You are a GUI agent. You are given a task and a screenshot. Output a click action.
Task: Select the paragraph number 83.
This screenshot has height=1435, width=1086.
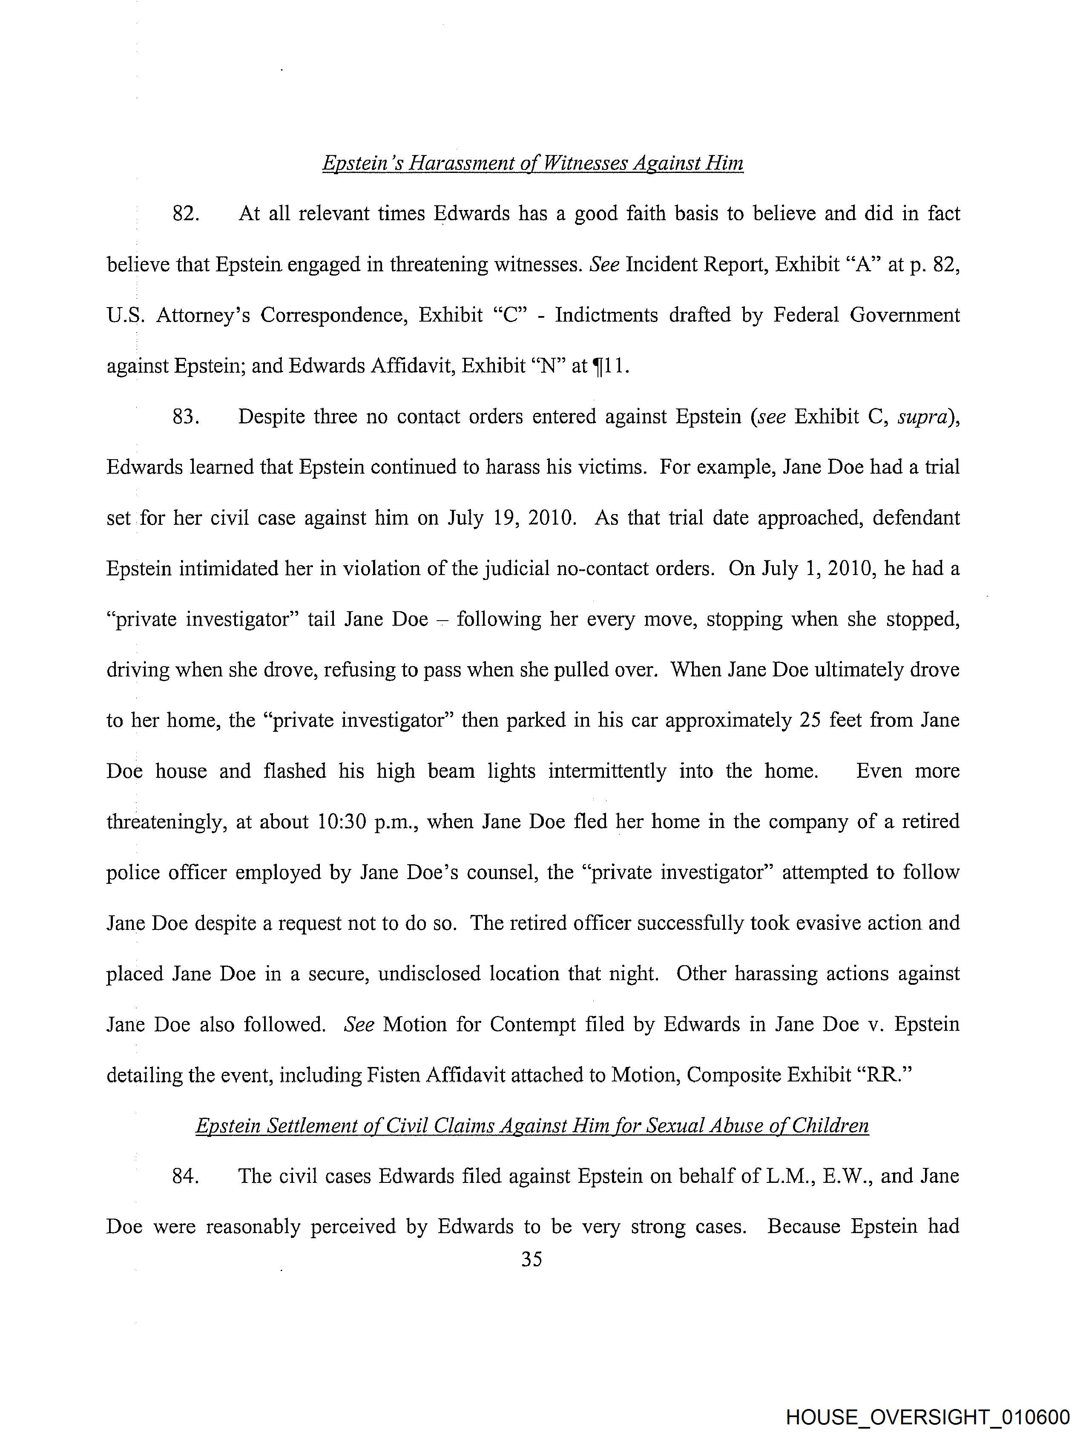tap(185, 417)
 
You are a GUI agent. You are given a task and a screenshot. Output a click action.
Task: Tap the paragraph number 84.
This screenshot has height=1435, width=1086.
tap(185, 1176)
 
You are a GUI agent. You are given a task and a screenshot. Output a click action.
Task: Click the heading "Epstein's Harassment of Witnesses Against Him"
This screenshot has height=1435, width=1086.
tap(533, 163)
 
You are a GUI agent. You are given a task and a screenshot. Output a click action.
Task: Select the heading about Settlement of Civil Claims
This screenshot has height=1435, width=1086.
tap(532, 1126)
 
